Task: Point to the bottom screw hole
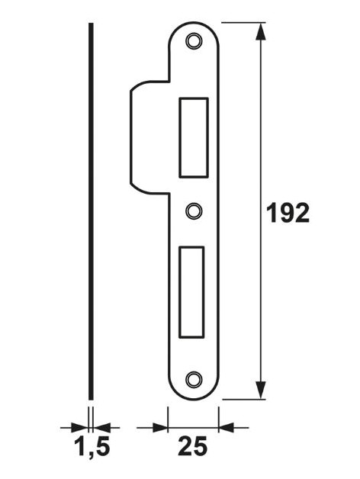(194, 378)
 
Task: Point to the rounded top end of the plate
(194, 27)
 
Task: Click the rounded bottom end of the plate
(194, 392)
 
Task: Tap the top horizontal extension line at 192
(244, 23)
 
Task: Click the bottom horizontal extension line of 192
(244, 398)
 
